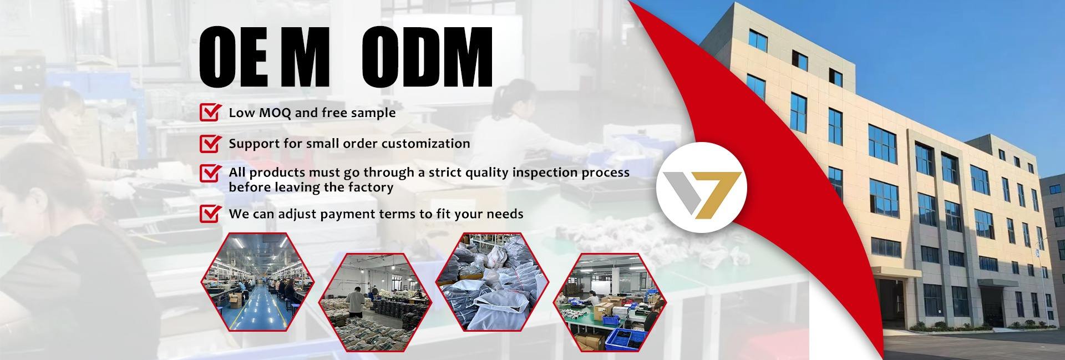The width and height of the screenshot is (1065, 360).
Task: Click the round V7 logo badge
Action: [x=702, y=187]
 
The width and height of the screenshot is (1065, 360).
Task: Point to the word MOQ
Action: [x=274, y=113]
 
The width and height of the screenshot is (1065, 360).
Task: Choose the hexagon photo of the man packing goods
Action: [x=375, y=302]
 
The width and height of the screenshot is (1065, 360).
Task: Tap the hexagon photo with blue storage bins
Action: [x=610, y=302]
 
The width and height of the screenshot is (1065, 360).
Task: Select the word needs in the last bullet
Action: [x=505, y=214]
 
